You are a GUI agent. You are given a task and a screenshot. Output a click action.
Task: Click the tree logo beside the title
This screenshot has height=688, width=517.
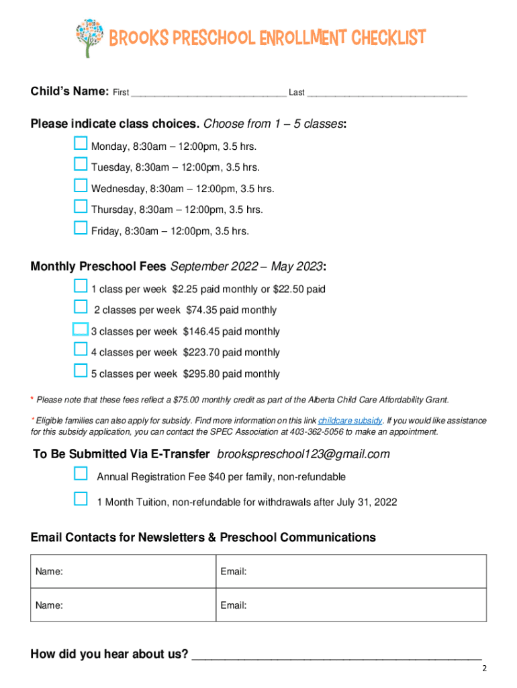pos(89,37)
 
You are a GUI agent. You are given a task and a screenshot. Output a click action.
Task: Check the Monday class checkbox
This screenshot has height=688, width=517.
pos(81,143)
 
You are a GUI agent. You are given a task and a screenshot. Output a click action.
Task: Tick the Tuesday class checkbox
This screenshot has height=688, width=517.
pos(81,164)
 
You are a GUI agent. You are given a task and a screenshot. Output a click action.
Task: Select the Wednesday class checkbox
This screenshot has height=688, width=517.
pos(81,185)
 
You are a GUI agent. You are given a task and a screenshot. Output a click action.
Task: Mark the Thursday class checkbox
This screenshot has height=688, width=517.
pos(81,206)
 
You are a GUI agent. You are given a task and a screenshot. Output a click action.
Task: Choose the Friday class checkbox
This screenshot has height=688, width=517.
pos(81,228)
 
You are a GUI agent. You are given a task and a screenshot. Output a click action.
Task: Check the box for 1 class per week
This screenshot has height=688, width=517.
pos(81,286)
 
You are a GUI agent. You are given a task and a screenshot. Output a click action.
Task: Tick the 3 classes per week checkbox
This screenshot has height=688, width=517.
pos(81,329)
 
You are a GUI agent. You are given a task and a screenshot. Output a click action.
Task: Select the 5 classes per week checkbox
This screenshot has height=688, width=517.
pos(81,370)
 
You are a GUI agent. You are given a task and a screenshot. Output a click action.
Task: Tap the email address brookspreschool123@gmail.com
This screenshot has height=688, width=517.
pos(303,455)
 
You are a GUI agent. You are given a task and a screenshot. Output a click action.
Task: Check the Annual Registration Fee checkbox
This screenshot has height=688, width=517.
pos(81,474)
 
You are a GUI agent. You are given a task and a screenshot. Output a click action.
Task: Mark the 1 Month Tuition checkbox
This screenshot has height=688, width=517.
pos(81,499)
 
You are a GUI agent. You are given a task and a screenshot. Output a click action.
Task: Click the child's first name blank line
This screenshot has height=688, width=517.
pos(209,93)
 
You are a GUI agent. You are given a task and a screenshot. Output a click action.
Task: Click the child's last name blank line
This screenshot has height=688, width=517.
pos(387,93)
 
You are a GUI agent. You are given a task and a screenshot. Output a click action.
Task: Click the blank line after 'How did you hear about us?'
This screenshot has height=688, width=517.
pos(336,654)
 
